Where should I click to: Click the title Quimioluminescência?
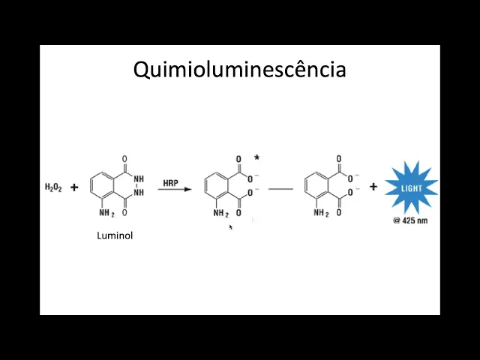(x=239, y=70)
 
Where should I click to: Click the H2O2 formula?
(x=53, y=187)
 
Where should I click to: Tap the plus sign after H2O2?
(x=74, y=187)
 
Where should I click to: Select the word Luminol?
(x=115, y=235)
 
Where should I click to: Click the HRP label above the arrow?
(x=171, y=182)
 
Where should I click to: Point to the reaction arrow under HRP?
(x=175, y=190)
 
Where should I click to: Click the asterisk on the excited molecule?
(x=256, y=157)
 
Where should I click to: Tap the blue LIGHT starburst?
(x=411, y=187)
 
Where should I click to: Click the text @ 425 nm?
(x=410, y=220)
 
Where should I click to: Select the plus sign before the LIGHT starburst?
(x=373, y=187)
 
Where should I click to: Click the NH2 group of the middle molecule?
(x=220, y=214)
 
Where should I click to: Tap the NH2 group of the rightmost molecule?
(x=321, y=214)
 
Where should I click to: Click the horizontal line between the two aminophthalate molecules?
(x=280, y=189)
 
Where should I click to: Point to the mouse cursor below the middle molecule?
(x=230, y=226)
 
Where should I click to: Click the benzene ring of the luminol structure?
(x=103, y=187)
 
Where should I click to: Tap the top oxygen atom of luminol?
(x=124, y=159)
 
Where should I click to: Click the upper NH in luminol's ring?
(x=138, y=180)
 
